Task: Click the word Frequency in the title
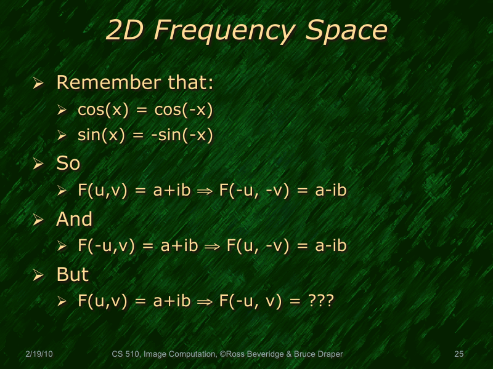(232, 31)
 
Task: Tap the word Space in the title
(348, 31)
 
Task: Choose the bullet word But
(73, 274)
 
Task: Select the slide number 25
(458, 354)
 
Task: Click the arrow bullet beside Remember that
(38, 83)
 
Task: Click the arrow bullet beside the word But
(38, 275)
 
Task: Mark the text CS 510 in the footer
(125, 354)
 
